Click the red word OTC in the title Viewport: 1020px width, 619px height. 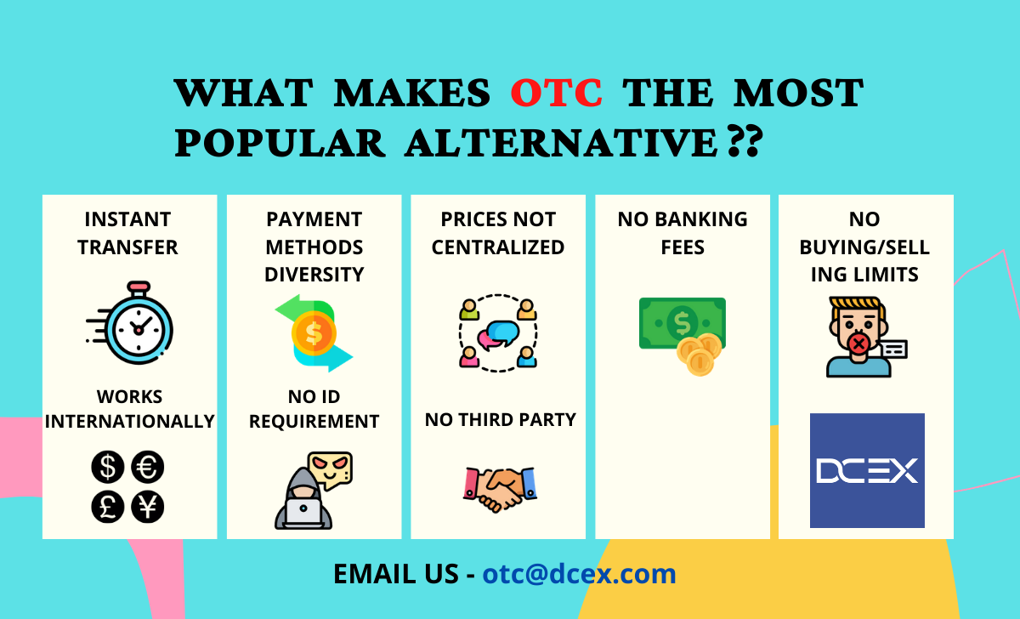[x=557, y=93]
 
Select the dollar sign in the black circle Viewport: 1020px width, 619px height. [x=108, y=467]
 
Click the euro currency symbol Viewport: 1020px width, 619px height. [x=149, y=467]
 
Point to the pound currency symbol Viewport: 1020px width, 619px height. [x=108, y=507]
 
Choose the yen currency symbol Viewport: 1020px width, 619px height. [x=149, y=507]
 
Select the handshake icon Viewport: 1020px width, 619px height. [x=500, y=488]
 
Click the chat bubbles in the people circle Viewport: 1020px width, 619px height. [x=499, y=332]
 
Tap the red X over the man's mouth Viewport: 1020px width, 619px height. [x=859, y=344]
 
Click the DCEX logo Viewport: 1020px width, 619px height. [x=867, y=470]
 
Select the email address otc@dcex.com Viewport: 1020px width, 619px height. [x=579, y=574]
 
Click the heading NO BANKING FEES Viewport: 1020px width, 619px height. [x=683, y=233]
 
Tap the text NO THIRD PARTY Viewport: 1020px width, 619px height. [x=500, y=419]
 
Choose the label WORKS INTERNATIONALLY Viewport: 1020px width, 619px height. [x=129, y=409]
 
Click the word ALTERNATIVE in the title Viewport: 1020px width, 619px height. [x=561, y=143]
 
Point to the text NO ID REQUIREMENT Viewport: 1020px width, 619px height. [x=314, y=409]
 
